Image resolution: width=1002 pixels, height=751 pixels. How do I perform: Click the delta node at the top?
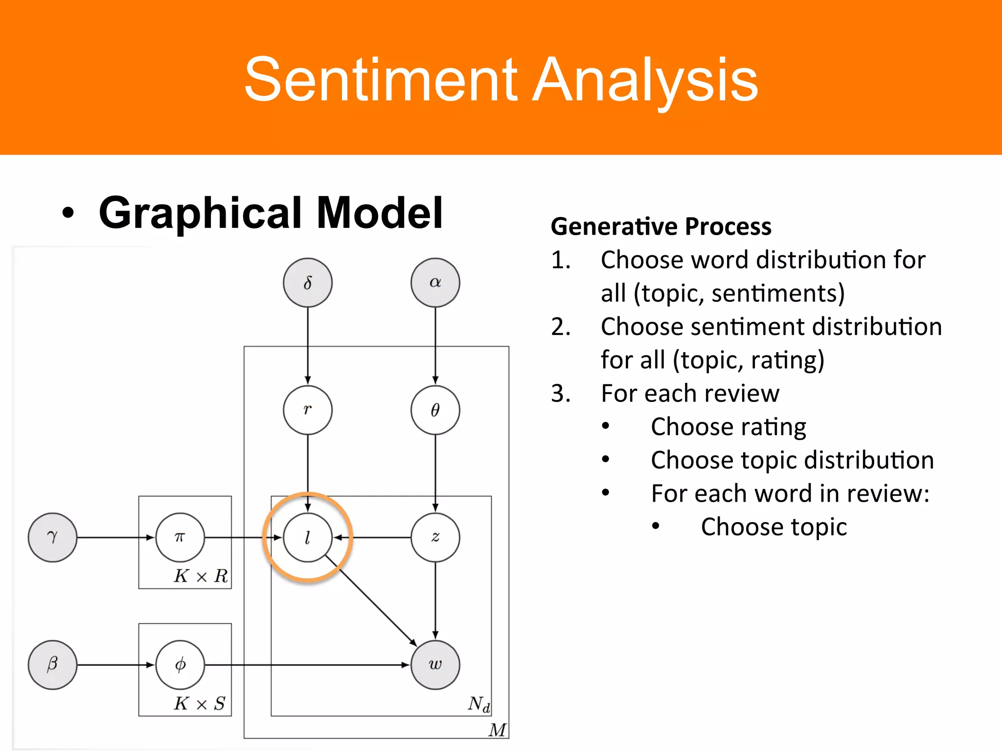tap(308, 283)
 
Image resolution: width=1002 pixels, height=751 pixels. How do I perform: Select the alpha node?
tap(435, 283)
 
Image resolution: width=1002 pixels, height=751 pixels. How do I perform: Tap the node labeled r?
tap(308, 410)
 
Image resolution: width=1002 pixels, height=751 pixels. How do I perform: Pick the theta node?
tap(435, 410)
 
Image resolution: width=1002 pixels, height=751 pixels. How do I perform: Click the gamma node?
tap(52, 537)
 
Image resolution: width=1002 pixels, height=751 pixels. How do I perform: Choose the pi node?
tap(180, 537)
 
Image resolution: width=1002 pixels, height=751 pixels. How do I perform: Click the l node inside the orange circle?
tap(308, 537)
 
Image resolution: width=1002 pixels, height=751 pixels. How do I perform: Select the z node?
tap(435, 537)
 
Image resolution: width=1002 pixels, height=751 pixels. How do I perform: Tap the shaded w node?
tap(435, 664)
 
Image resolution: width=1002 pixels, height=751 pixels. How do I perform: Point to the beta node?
tap(52, 664)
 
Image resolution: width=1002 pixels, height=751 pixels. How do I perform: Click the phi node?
tap(180, 664)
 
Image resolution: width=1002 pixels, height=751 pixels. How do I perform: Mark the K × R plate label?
tap(201, 576)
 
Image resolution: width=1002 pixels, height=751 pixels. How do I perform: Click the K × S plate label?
tap(200, 704)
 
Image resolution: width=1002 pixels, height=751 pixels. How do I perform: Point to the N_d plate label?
tap(478, 704)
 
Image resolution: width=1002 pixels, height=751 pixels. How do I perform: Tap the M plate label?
tap(497, 730)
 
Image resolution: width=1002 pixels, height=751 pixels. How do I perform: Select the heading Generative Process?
tap(661, 226)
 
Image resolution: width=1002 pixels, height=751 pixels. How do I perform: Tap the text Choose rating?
tap(728, 426)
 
